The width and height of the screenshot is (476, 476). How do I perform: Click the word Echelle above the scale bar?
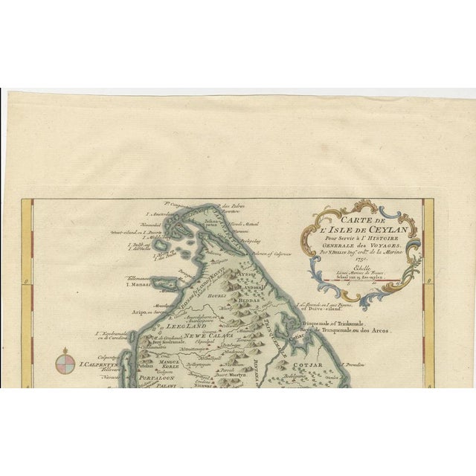click(343, 270)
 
